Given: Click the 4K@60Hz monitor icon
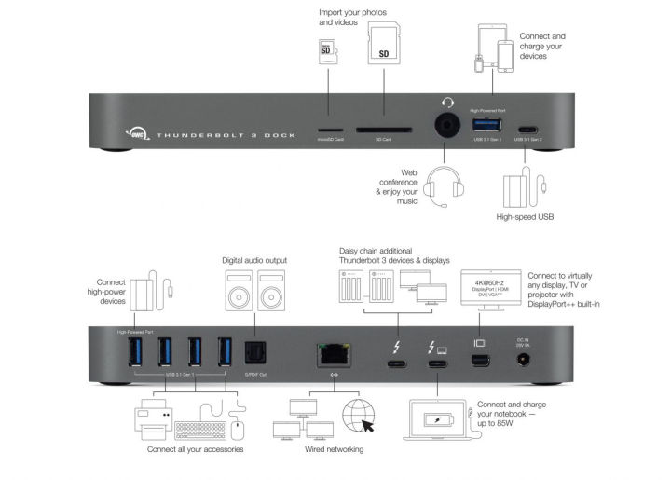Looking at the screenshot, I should [488, 286].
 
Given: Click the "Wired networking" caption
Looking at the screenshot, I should [333, 450].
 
